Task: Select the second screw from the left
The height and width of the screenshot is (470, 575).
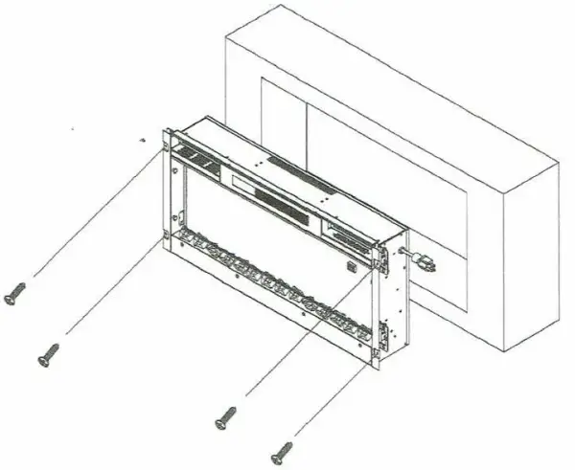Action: pos(46,355)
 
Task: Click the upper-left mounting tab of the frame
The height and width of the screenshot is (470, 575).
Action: pos(165,141)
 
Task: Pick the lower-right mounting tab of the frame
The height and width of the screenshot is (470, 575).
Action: pos(381,335)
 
